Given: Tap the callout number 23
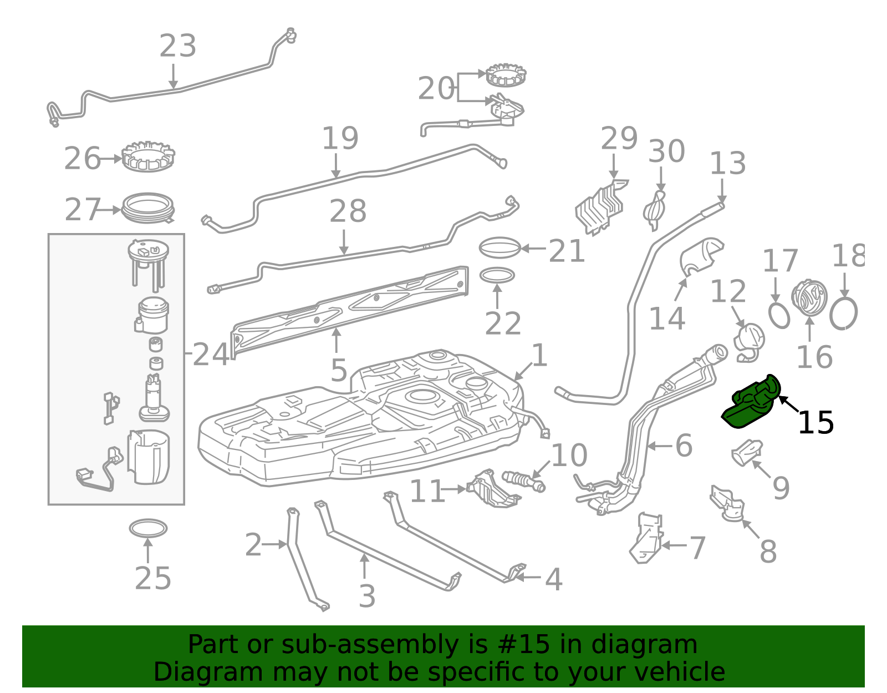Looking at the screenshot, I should [x=177, y=46].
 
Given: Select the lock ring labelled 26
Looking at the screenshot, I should [x=148, y=157].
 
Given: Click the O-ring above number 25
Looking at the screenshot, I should [x=148, y=528].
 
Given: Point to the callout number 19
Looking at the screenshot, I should [x=340, y=138].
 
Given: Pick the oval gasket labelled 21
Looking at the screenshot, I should [x=499, y=248].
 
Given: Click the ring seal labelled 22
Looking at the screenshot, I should [x=497, y=275].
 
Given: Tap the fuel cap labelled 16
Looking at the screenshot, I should [x=809, y=298].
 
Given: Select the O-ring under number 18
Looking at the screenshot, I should [x=843, y=313].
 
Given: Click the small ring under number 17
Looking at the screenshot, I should [x=779, y=315].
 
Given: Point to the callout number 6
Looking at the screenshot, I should [x=684, y=446].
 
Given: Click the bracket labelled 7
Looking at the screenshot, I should [x=646, y=538].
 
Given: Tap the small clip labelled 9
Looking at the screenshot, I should [x=747, y=452].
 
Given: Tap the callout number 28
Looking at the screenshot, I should [x=348, y=211].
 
